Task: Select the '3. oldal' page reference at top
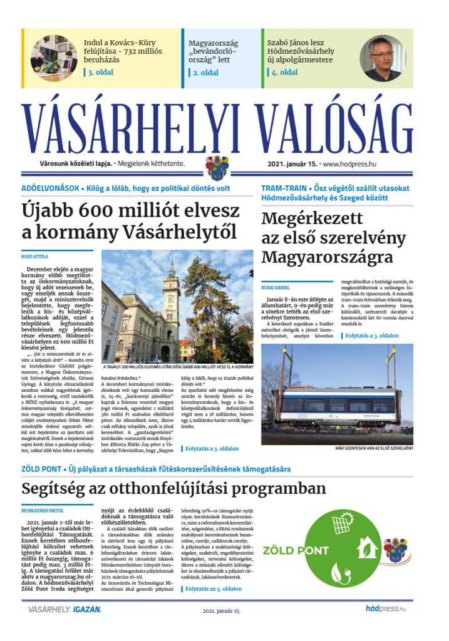pyautogui.click(x=101, y=72)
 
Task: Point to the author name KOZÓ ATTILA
pyautogui.click(x=35, y=256)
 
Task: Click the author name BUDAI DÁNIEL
pyautogui.click(x=276, y=287)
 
